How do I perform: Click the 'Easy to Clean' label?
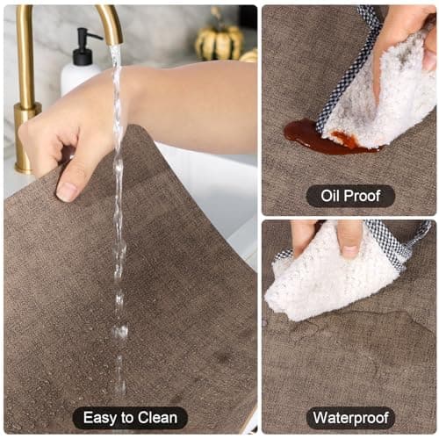[x=130, y=418]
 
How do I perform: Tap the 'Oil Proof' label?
[x=350, y=196]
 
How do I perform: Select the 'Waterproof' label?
[x=350, y=418]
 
